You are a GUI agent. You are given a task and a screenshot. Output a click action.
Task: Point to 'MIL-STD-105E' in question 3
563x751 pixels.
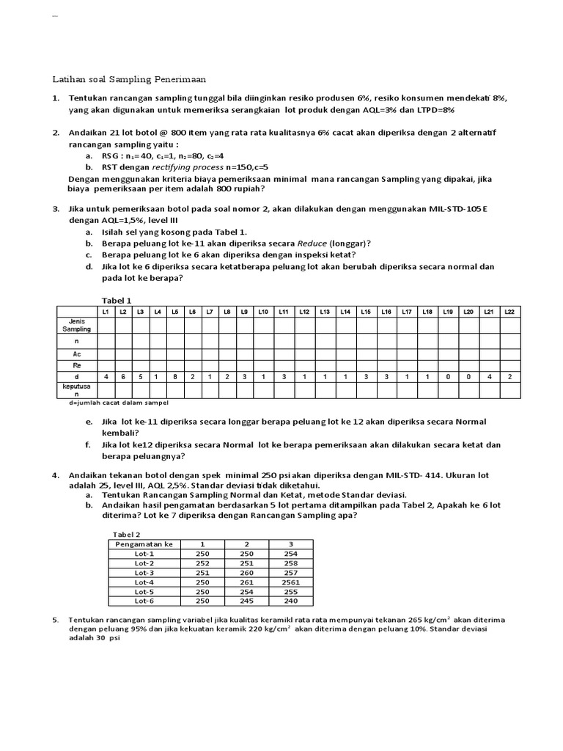454,209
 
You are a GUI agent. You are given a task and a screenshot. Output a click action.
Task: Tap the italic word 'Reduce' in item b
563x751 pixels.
312,243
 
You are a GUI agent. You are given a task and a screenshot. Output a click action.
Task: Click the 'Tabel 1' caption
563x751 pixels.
116,300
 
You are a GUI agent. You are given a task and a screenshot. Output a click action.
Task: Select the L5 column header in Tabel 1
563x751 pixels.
174,312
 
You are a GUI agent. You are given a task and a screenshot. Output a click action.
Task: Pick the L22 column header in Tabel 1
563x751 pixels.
509,312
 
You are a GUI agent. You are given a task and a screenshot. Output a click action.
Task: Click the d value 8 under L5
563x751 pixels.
174,376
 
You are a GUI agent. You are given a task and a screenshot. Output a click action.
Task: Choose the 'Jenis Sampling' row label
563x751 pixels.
76,325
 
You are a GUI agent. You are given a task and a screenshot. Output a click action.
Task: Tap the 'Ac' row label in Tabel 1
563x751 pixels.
76,353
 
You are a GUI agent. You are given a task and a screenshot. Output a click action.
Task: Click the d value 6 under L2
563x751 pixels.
123,376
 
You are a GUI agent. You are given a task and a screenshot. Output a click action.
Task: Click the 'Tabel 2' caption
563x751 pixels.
126,534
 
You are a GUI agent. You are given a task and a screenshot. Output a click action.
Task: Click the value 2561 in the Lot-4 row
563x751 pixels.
292,582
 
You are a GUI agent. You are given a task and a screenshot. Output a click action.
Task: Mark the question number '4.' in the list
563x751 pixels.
56,475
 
